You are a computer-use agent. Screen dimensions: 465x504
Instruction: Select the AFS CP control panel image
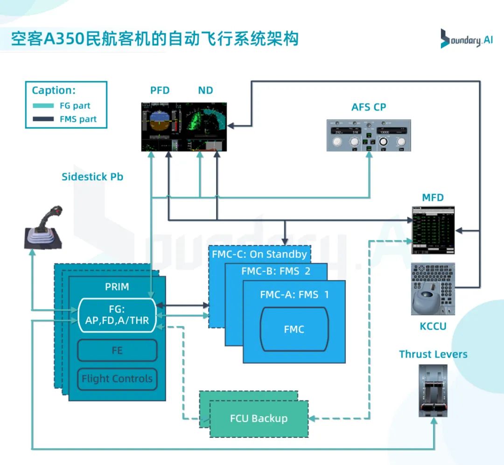(369, 135)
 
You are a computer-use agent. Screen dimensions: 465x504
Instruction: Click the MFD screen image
(433, 230)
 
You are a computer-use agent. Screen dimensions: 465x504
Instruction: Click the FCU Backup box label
(259, 418)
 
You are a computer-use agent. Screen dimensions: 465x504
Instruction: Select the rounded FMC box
(294, 329)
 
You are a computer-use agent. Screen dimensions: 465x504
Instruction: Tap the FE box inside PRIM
(117, 350)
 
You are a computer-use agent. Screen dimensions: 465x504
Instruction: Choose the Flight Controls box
(117, 379)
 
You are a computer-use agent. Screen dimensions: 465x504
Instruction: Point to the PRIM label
(117, 287)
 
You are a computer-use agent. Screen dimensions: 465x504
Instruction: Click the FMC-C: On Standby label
(259, 254)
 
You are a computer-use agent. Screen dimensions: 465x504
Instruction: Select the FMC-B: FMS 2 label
(276, 271)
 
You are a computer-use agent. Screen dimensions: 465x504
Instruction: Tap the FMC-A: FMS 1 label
(294, 295)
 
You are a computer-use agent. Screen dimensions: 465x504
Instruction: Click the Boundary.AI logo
(466, 39)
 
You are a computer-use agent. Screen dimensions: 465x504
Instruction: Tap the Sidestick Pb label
(92, 177)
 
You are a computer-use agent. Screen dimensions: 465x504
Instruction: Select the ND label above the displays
(205, 91)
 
